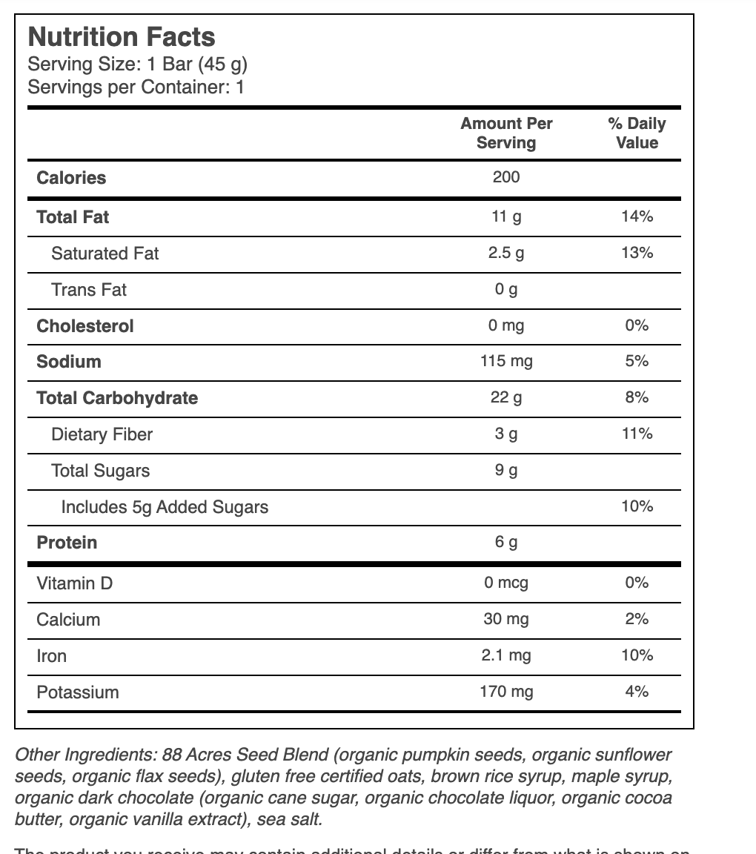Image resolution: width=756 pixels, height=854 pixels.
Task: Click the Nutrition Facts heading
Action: click(122, 37)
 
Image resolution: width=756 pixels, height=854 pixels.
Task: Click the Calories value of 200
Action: click(506, 177)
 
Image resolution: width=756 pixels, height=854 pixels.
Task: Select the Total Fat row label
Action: click(73, 217)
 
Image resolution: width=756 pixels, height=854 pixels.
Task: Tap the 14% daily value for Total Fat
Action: click(637, 216)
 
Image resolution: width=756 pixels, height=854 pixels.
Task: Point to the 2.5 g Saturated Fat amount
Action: click(506, 253)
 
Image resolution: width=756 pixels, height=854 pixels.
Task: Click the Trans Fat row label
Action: click(89, 290)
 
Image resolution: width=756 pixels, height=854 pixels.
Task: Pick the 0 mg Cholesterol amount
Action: click(506, 325)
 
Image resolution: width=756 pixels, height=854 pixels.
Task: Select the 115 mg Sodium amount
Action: click(506, 362)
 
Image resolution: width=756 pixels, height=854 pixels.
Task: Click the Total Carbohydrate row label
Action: click(117, 398)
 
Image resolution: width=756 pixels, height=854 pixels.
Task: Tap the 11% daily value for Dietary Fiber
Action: click(637, 434)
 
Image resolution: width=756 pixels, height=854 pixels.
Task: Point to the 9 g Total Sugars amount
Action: click(506, 470)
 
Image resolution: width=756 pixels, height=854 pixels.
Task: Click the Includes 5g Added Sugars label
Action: click(165, 507)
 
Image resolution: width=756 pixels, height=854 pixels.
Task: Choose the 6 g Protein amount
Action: click(506, 543)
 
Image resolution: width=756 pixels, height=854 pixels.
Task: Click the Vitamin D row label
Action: click(75, 583)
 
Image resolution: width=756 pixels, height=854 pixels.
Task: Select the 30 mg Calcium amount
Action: click(506, 619)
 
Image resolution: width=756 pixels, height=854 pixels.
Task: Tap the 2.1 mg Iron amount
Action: click(506, 655)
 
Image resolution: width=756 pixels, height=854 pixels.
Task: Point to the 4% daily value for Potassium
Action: click(637, 692)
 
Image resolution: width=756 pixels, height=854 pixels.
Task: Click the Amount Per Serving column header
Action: click(506, 133)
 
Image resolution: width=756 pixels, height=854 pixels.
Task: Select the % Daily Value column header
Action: click(637, 133)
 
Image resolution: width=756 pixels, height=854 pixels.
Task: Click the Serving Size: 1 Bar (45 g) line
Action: click(137, 64)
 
